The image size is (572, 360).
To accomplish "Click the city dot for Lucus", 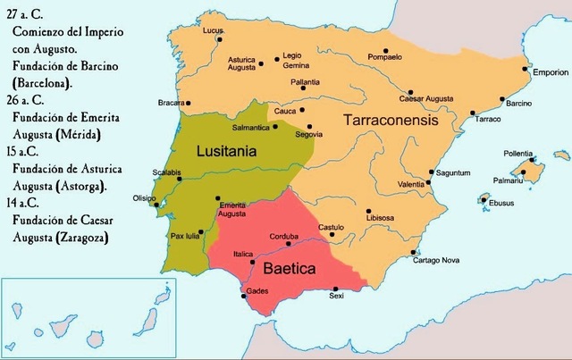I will [219, 39].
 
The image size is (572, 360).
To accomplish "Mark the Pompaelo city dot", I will [385, 50].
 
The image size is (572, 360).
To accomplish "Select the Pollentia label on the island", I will [519, 152].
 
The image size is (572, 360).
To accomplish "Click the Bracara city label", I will [172, 103].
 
